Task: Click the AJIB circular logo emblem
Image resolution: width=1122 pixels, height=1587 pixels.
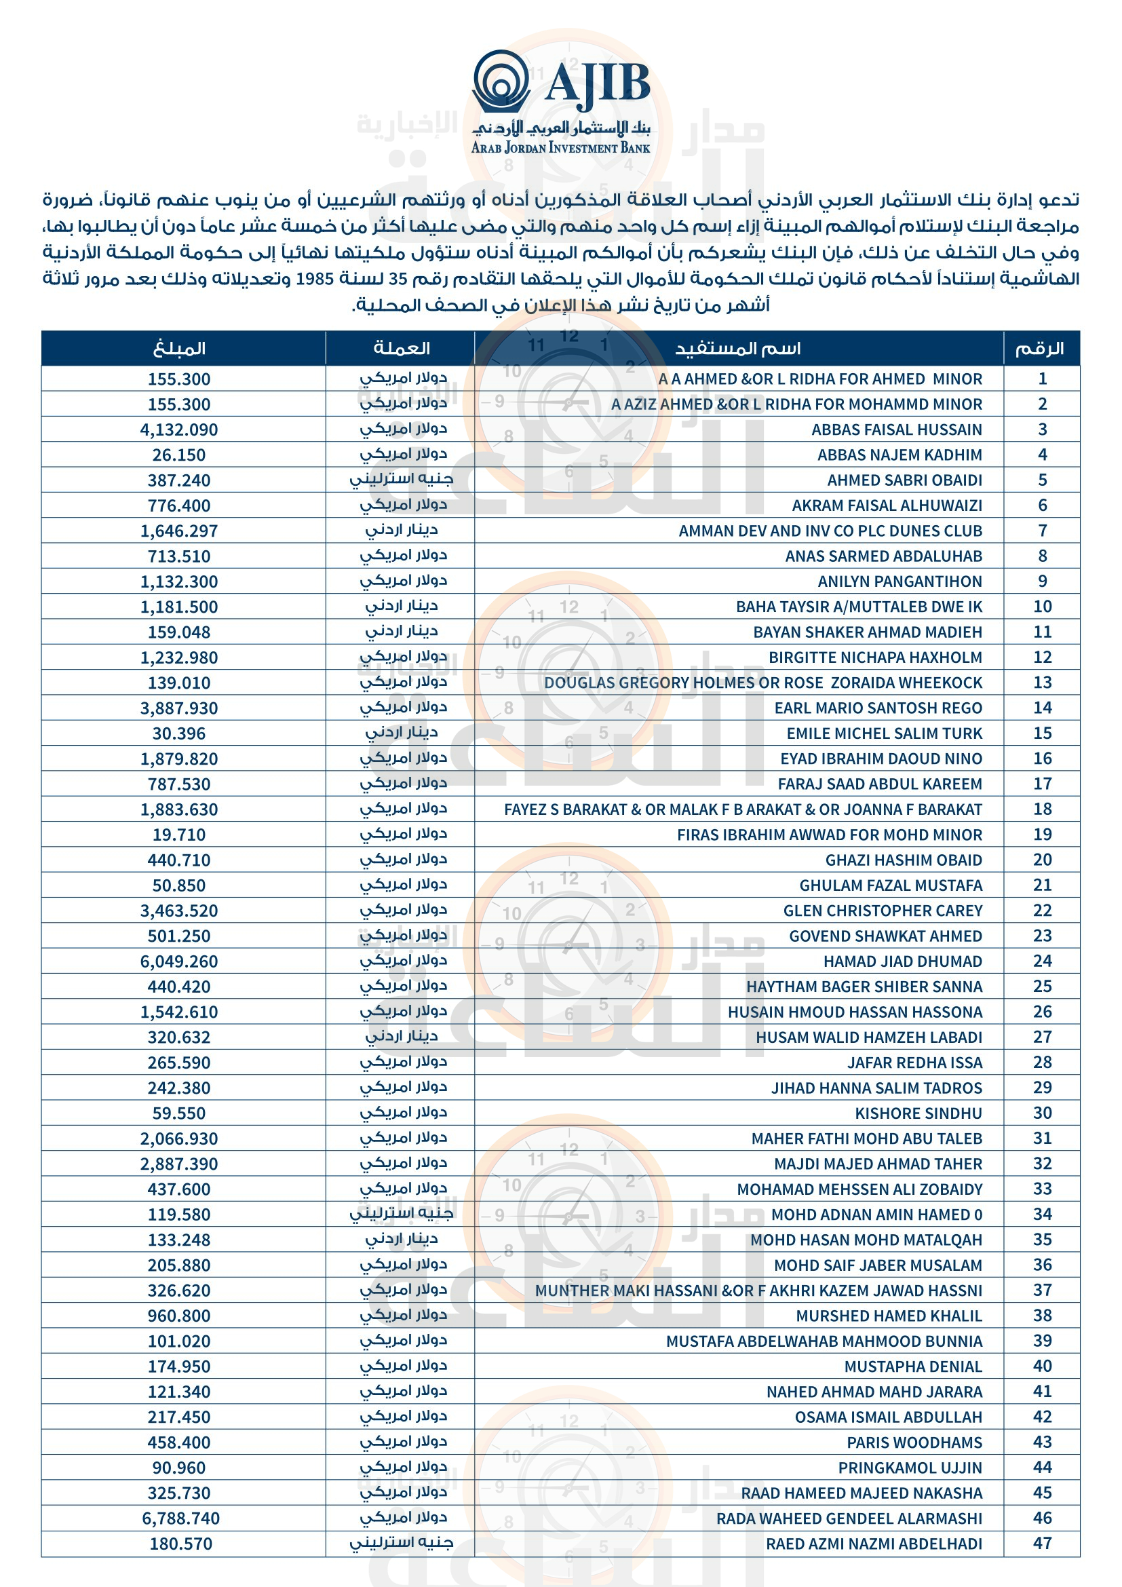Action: pos(501,81)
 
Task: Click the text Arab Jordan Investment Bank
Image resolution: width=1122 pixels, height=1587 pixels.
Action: pos(560,148)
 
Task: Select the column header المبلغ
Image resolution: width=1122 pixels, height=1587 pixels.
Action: pos(179,348)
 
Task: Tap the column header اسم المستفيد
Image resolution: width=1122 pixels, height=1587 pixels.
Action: pos(738,348)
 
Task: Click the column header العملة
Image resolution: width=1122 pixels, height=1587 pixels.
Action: pos(402,348)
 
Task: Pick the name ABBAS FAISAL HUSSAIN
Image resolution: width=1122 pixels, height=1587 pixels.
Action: pos(896,429)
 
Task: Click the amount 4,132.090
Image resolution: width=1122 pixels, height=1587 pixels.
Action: pos(179,429)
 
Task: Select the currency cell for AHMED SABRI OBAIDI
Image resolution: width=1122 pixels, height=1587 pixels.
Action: pos(402,480)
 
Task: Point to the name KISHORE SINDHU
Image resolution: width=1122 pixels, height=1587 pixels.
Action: pos(918,1113)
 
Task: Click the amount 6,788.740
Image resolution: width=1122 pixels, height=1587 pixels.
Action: pos(180,1518)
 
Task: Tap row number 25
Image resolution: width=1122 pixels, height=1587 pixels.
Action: pos(1042,987)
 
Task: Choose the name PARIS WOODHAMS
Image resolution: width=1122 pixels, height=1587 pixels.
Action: pos(914,1442)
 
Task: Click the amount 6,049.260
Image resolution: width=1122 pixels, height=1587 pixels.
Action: pos(179,961)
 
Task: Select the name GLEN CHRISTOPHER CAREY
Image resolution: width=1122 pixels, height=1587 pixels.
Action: pos(883,911)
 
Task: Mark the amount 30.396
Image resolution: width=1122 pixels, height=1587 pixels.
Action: pos(179,733)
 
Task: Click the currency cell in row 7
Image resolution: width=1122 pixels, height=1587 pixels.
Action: pos(402,530)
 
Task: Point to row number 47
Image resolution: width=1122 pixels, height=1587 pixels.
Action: pos(1042,1544)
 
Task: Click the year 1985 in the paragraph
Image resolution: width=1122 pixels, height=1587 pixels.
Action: pos(315,279)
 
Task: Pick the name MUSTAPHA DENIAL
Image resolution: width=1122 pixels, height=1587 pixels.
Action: pos(912,1366)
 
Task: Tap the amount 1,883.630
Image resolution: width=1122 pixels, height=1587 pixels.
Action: pos(179,809)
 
